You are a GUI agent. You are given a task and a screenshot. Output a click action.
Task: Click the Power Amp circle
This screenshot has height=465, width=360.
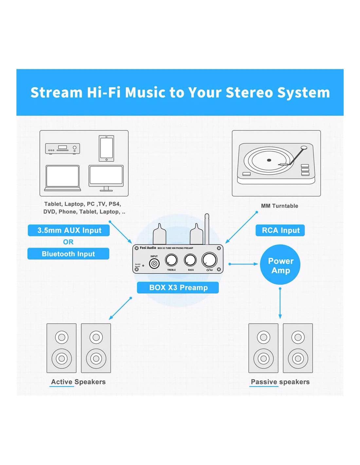280,265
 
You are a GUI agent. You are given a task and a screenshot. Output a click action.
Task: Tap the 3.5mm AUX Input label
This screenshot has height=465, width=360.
69,230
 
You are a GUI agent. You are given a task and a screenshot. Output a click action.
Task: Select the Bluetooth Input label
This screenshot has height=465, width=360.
68,254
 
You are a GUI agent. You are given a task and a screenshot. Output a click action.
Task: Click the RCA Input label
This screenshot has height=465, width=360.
280,230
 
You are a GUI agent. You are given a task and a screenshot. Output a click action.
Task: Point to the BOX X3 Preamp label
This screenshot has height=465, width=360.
178,287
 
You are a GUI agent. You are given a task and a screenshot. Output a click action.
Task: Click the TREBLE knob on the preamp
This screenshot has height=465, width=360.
171,260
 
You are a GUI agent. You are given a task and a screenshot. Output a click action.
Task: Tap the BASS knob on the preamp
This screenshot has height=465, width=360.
190,260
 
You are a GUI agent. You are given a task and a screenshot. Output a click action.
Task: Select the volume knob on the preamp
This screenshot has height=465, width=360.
209,260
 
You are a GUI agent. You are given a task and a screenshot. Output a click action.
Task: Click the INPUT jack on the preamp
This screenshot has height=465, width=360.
154,264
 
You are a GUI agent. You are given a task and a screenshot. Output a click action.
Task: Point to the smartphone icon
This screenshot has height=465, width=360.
106,148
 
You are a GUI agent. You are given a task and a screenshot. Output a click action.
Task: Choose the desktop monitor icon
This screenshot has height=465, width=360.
106,178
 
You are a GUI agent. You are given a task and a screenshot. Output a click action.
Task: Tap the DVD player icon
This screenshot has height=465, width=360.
63,149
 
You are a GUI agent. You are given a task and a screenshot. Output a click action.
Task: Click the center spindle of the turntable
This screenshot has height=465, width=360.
269,160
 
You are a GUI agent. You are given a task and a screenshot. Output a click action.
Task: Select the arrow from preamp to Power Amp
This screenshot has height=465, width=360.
243,264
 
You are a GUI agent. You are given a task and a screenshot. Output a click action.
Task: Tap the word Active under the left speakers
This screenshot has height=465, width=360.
62,382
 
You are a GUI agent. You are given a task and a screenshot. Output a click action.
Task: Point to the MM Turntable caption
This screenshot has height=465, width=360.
279,206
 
